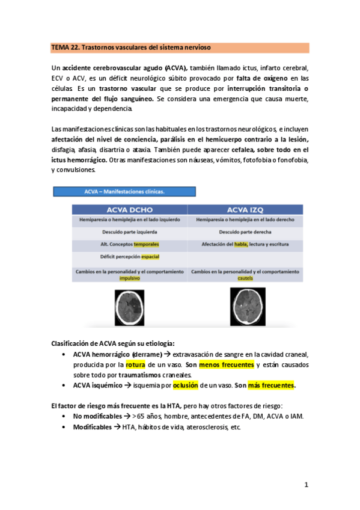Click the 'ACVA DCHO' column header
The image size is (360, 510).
(130, 209)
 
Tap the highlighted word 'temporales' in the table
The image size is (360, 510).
(147, 245)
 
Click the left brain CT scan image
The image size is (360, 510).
(130, 307)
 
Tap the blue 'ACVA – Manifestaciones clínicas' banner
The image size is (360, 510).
(124, 192)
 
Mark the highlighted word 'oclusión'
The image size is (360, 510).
(185, 386)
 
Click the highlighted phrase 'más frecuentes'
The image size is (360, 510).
(271, 386)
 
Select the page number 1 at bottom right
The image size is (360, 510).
(306, 485)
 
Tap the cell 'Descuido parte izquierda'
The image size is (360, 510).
(130, 232)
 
